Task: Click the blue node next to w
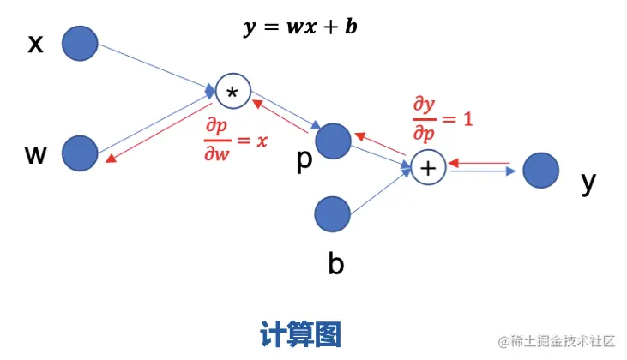[81, 153]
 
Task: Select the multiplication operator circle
[232, 90]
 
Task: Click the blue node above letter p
[333, 141]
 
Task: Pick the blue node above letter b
[333, 214]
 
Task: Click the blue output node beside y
[540, 170]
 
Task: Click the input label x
[35, 44]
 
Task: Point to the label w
[35, 154]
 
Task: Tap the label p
[304, 161]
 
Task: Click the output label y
[588, 182]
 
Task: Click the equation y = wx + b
[299, 27]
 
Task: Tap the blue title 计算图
[300, 332]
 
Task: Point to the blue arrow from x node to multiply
[154, 66]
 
